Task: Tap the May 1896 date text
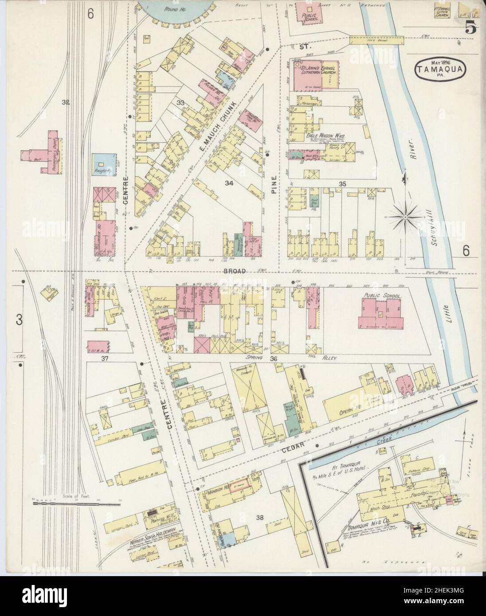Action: [436, 62]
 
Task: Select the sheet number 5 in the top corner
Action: [470, 30]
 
